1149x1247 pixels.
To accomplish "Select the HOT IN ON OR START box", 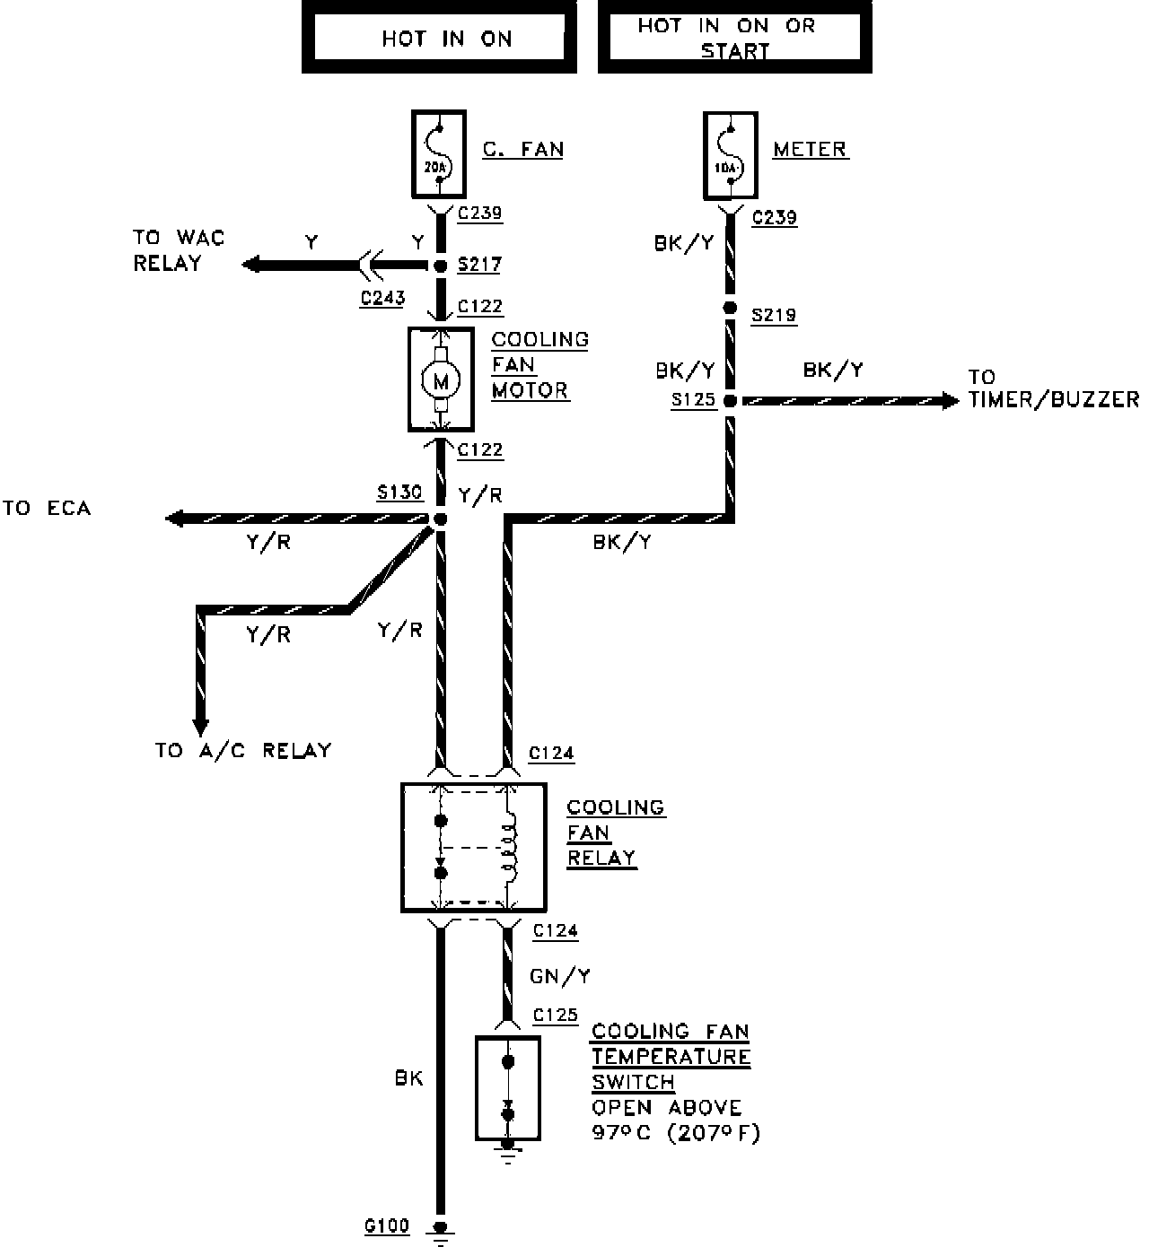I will [x=734, y=38].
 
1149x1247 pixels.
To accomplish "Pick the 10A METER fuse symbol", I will [x=731, y=155].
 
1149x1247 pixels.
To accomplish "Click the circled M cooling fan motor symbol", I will [x=440, y=380].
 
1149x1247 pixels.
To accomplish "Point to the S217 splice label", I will [x=479, y=265].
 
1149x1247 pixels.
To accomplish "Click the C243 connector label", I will [x=382, y=298].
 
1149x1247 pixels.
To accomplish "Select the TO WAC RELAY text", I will [x=179, y=250].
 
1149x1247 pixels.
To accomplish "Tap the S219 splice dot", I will [x=731, y=308].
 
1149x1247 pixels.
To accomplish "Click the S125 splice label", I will [x=693, y=400].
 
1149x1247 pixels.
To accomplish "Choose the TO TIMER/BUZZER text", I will [x=1052, y=388].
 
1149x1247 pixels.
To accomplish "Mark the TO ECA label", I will [x=47, y=509].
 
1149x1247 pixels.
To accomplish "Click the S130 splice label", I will [x=399, y=493].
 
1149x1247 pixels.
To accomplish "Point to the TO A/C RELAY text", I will [x=243, y=750].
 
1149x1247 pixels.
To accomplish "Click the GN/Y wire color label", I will [x=560, y=976].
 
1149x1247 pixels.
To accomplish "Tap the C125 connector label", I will [x=556, y=1015].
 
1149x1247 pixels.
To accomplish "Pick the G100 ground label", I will [x=387, y=1225].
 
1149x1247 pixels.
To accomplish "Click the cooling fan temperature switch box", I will [x=507, y=1088].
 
